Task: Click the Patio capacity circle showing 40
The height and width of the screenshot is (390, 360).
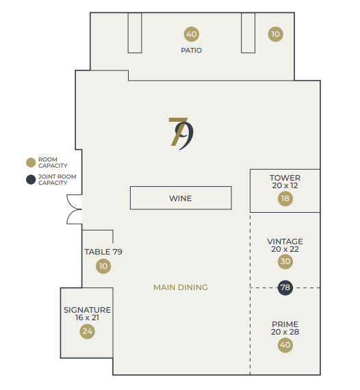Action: [x=192, y=34]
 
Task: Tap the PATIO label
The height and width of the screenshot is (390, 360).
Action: [x=192, y=50]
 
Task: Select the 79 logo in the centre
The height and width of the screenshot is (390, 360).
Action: [x=181, y=134]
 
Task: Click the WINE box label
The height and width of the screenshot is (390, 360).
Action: [x=181, y=198]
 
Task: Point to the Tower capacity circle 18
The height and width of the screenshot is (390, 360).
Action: [x=285, y=198]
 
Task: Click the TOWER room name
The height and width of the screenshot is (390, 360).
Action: [x=285, y=178]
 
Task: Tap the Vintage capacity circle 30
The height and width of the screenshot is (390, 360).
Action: [x=285, y=261]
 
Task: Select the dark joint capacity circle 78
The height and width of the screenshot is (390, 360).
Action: [x=285, y=288]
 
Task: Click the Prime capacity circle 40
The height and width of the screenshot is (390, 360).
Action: [x=285, y=345]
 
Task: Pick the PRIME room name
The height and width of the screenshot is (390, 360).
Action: [x=285, y=324]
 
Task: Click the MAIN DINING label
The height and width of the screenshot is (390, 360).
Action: [x=181, y=287]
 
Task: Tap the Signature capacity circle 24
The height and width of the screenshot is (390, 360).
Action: [x=88, y=331]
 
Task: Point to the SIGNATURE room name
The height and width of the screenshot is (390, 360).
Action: [x=87, y=310]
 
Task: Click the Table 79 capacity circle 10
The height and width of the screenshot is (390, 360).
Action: [x=103, y=266]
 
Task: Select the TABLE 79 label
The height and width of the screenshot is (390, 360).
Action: [x=103, y=252]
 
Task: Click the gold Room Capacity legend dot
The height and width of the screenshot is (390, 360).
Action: [x=31, y=162]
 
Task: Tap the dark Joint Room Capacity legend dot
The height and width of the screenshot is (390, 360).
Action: [x=31, y=179]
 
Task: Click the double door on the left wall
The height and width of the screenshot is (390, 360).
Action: [x=75, y=209]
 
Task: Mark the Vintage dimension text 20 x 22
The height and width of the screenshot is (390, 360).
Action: [x=285, y=249]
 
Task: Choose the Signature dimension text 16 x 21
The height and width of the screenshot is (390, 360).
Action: [x=87, y=317]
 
